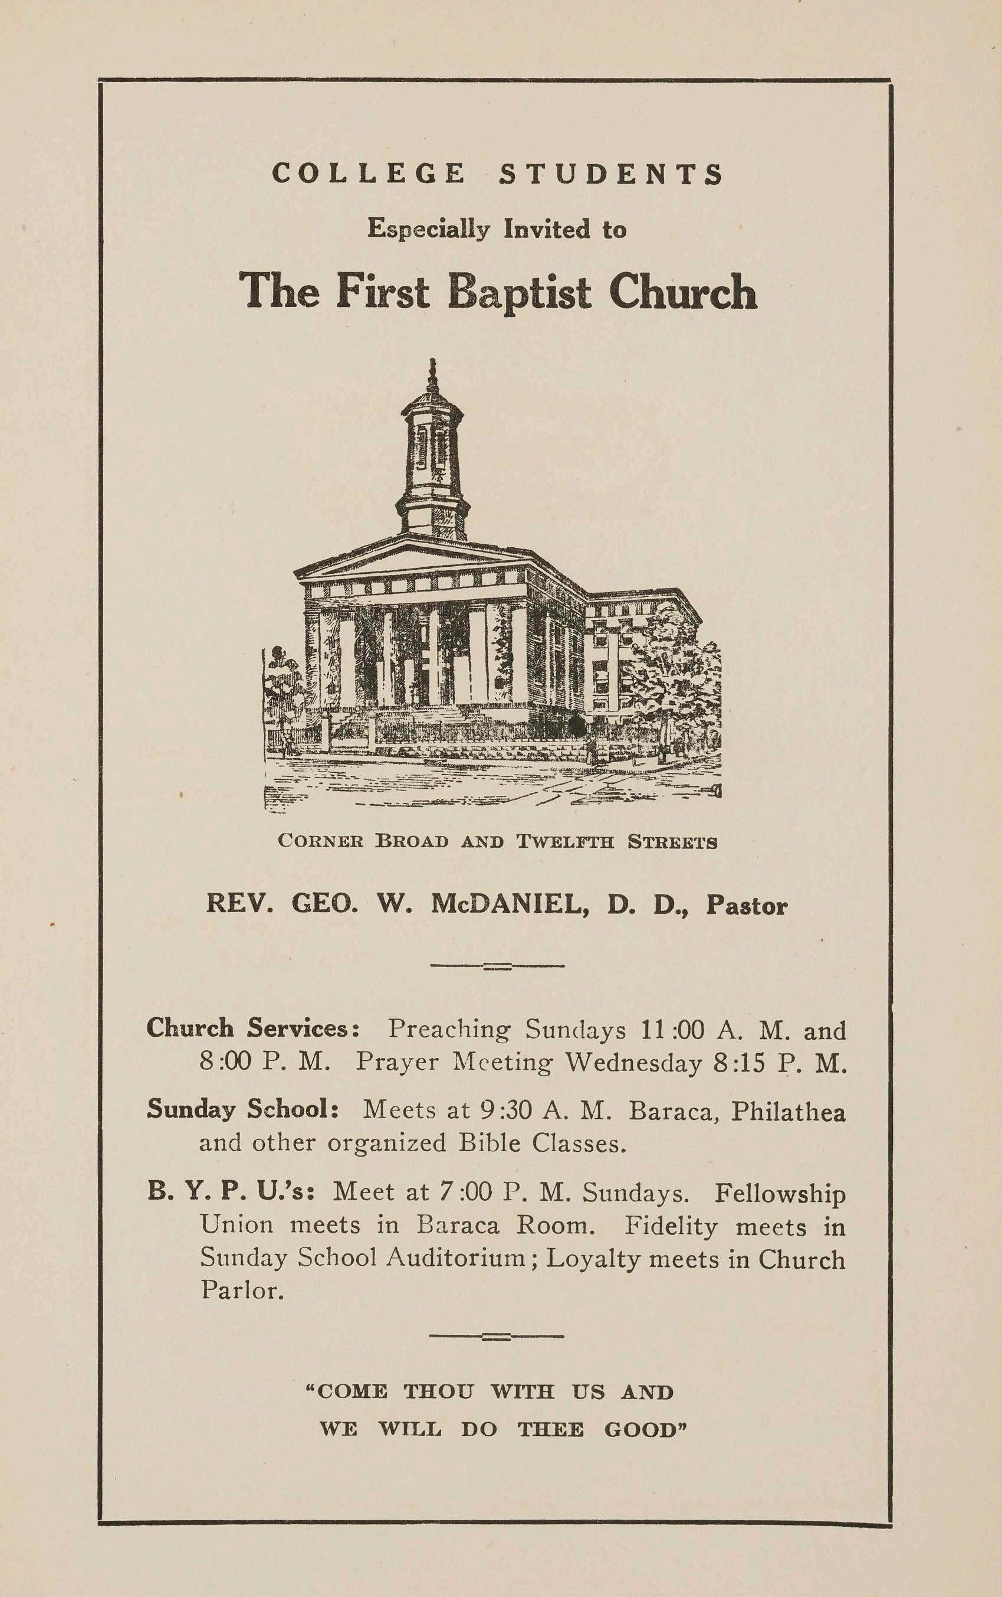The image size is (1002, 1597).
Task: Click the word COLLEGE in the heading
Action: point(369,174)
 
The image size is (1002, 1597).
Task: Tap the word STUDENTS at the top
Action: point(610,174)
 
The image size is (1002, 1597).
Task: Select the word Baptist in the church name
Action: point(518,292)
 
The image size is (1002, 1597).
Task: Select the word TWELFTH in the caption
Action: point(565,842)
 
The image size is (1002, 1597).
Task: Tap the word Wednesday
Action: point(633,1063)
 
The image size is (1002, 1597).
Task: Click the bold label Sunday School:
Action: point(243,1109)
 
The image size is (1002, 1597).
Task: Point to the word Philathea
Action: point(788,1111)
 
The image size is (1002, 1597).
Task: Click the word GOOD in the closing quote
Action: point(645,1429)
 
